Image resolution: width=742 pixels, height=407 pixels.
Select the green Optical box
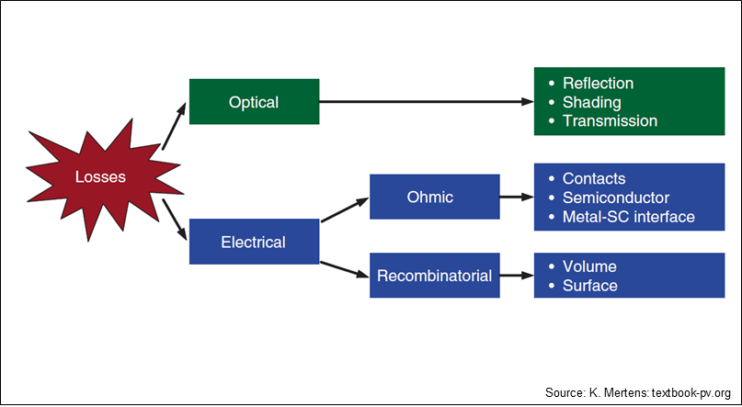254,102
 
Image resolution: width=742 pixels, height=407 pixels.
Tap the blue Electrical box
254,242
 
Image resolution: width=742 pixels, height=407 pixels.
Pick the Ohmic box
434,197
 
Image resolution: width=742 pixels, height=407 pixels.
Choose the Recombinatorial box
434,275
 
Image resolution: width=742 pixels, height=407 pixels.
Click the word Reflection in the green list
598,84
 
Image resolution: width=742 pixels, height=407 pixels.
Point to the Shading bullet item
591,102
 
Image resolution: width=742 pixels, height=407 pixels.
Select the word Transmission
610,120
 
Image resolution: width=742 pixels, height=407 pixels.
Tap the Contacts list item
594,178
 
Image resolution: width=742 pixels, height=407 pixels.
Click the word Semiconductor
616,198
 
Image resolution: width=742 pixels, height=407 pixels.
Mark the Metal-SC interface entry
628,217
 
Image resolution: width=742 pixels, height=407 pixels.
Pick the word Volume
589,266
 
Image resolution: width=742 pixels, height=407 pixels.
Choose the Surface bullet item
589,286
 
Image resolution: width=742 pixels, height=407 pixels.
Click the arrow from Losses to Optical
174,126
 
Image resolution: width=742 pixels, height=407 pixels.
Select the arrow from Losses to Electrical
174,220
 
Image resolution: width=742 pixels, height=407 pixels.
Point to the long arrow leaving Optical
427,101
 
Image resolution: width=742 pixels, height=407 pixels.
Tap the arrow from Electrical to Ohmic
345,209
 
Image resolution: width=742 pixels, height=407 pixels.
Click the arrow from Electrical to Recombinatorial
345,269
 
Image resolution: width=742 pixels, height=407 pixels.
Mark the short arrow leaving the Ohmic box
517,197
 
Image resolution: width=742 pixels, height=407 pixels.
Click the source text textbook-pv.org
691,393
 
